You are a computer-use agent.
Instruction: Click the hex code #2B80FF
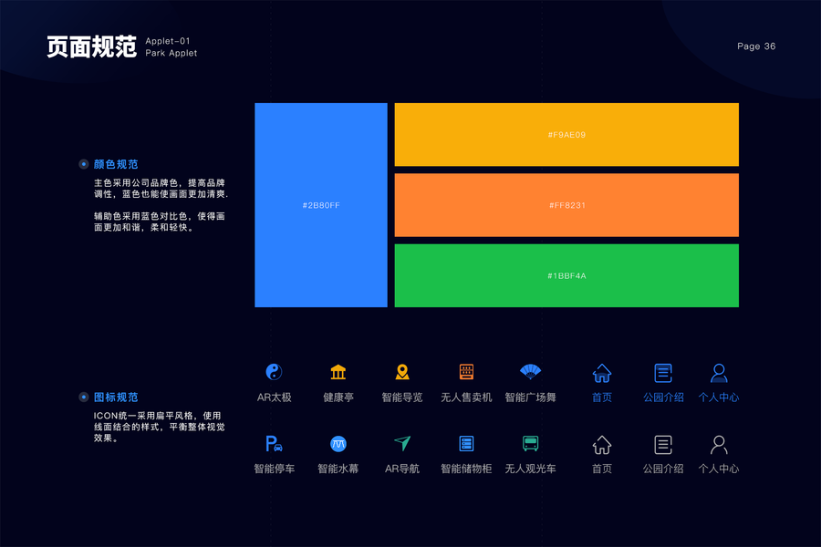coord(321,205)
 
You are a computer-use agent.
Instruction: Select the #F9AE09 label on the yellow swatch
coord(566,135)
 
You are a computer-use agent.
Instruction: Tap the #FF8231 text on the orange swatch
coord(566,205)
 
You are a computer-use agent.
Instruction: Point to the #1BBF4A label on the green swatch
coord(566,275)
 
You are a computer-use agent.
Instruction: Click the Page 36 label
coord(756,46)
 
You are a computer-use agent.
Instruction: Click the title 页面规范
coord(91,46)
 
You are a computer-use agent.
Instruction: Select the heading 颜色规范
coord(116,164)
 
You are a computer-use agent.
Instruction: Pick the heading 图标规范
coord(116,397)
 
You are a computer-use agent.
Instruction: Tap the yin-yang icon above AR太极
coord(274,372)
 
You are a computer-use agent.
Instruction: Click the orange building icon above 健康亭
coord(338,372)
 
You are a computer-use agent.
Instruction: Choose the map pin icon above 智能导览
coord(402,372)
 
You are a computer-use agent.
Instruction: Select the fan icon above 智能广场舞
coord(530,371)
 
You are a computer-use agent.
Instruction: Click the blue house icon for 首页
coord(602,373)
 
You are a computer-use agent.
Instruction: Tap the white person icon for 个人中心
coord(719,445)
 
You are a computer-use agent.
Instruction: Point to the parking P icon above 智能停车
coord(274,444)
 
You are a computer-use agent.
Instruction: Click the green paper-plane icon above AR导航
coord(402,443)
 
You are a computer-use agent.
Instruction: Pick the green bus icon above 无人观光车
coord(530,444)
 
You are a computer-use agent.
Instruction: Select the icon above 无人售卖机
coord(466,372)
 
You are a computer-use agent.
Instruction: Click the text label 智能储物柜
coord(466,469)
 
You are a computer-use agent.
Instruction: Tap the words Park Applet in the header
coord(171,53)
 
